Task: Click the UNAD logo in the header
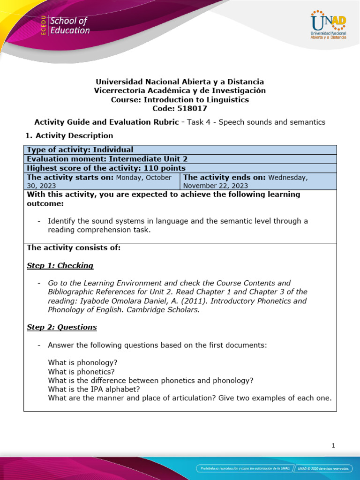328,26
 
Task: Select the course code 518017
180,108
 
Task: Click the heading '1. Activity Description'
68,135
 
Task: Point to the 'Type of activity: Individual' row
80,150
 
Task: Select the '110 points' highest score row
106,168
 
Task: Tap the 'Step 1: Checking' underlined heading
60,265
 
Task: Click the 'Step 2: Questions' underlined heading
62,327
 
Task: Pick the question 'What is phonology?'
82,362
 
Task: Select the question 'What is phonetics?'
81,371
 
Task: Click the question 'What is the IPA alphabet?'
94,389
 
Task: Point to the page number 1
333,446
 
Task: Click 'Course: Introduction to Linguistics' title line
180,99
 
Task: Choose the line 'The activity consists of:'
74,247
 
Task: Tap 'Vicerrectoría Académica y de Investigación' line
180,90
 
